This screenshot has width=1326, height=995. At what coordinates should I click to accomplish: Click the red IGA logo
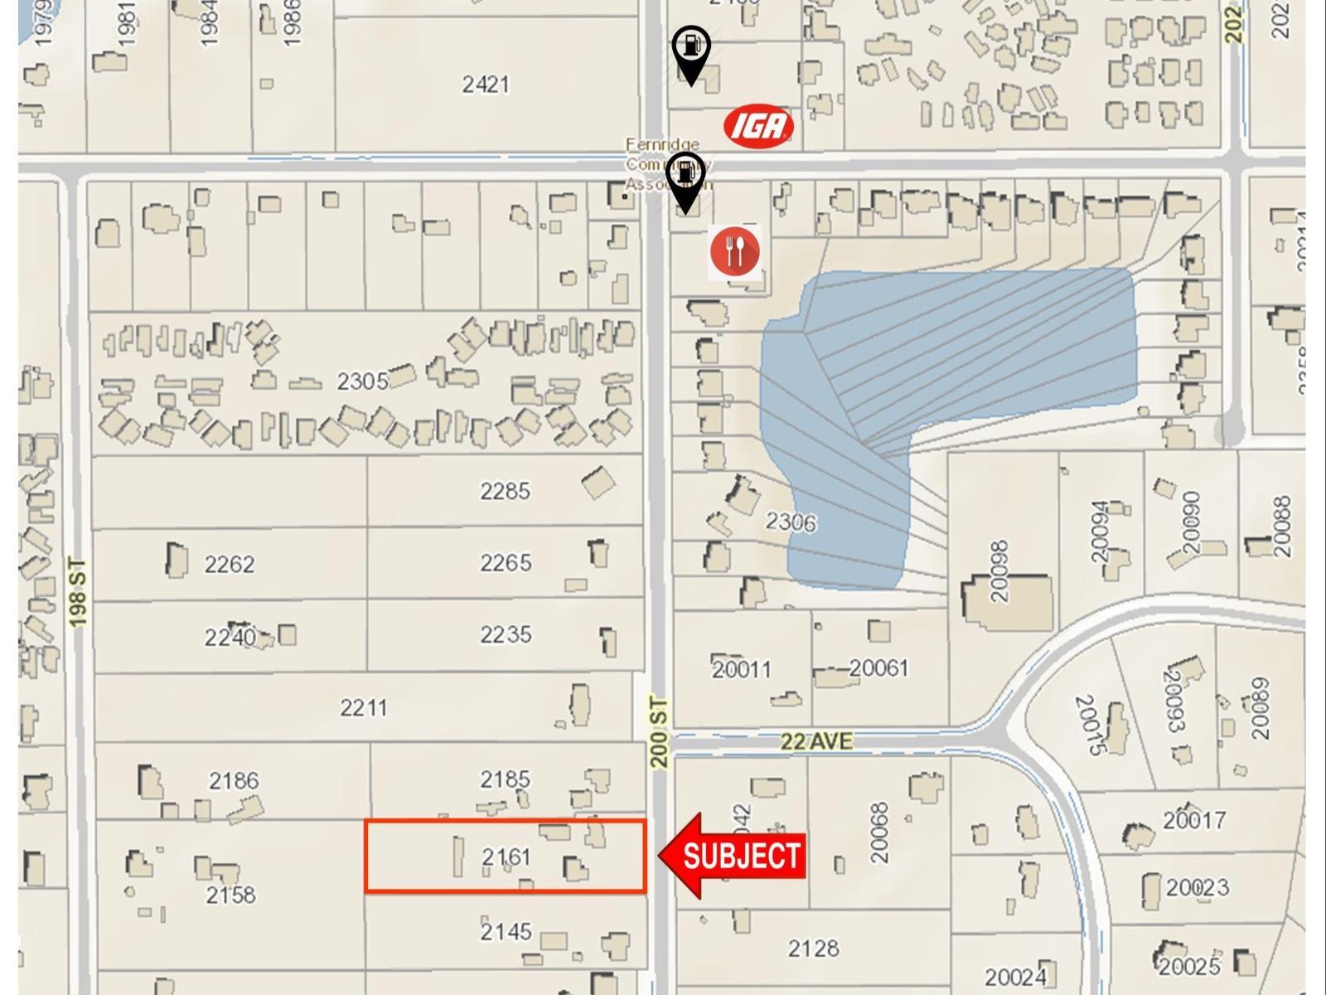pyautogui.click(x=758, y=126)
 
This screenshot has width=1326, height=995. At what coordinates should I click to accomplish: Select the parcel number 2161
pyautogui.click(x=506, y=856)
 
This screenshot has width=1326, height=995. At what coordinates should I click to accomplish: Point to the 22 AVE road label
pyautogui.click(x=815, y=740)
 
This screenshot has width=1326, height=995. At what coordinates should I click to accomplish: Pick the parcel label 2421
pyautogui.click(x=486, y=84)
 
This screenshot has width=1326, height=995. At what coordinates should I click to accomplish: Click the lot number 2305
pyautogui.click(x=362, y=381)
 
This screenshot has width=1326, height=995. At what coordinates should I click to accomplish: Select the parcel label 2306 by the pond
pyautogui.click(x=790, y=522)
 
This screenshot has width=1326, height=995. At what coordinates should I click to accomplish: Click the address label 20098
pyautogui.click(x=999, y=571)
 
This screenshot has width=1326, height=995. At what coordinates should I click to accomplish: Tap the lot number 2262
pyautogui.click(x=229, y=564)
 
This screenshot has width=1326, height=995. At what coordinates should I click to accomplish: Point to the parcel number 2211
pyautogui.click(x=363, y=708)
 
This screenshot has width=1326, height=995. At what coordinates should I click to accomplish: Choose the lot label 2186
pyautogui.click(x=234, y=780)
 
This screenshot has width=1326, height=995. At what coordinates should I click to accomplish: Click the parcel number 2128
pyautogui.click(x=813, y=948)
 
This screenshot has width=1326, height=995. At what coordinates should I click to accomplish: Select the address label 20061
pyautogui.click(x=878, y=667)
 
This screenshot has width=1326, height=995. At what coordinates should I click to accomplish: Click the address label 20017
pyautogui.click(x=1193, y=820)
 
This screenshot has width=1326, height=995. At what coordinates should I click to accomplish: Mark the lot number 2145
pyautogui.click(x=506, y=931)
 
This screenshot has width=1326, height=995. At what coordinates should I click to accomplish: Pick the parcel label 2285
pyautogui.click(x=505, y=491)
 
